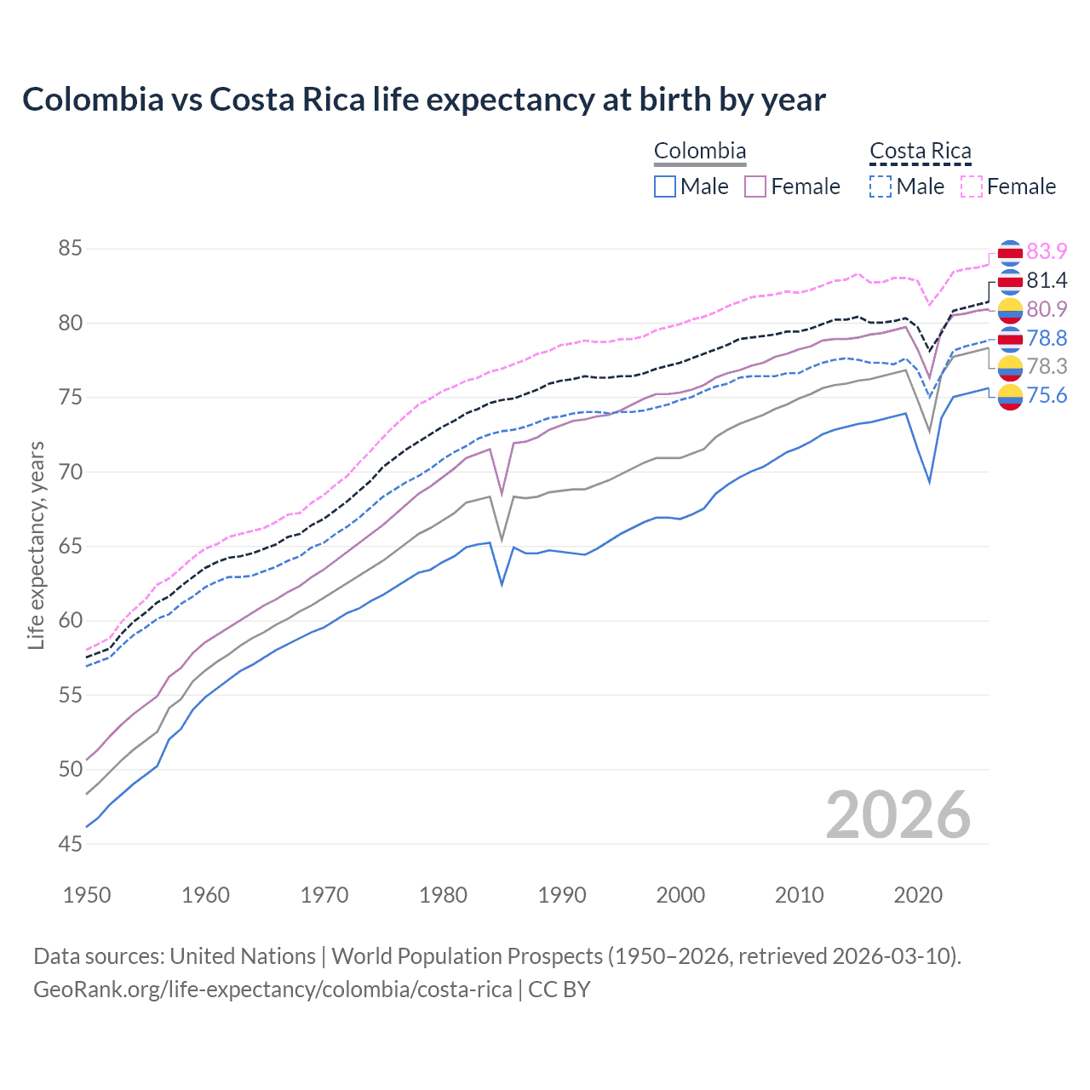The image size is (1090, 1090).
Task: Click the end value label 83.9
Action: pos(1047,251)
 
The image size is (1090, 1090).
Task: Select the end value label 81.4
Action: pos(1047,280)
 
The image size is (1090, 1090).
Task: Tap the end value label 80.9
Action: pos(1047,309)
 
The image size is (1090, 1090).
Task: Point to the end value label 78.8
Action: pos(1047,338)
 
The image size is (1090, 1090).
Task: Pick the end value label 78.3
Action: pos(1047,366)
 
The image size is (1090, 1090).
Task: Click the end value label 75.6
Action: pos(1047,395)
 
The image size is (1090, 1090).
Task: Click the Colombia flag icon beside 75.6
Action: pos(1010,397)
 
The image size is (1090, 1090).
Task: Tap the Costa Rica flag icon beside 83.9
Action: pos(1010,252)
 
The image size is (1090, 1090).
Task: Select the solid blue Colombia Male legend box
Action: pos(665,186)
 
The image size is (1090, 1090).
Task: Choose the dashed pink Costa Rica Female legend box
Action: pos(972,186)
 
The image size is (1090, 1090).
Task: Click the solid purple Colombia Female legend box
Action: pos(755,186)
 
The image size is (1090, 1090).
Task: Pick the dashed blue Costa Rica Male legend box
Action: pos(881,186)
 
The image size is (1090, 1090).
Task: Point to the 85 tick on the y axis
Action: pos(70,249)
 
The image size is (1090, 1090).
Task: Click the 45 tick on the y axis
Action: pos(70,844)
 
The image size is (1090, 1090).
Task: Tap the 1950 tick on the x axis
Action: pos(87,895)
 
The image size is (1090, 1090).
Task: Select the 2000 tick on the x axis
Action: pos(680,895)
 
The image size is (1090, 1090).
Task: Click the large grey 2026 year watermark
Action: pos(898,815)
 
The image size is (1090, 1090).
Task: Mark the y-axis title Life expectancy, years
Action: pos(36,545)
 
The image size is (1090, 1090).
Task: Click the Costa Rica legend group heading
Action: pos(920,152)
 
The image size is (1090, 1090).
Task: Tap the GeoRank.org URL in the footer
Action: pos(272,990)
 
